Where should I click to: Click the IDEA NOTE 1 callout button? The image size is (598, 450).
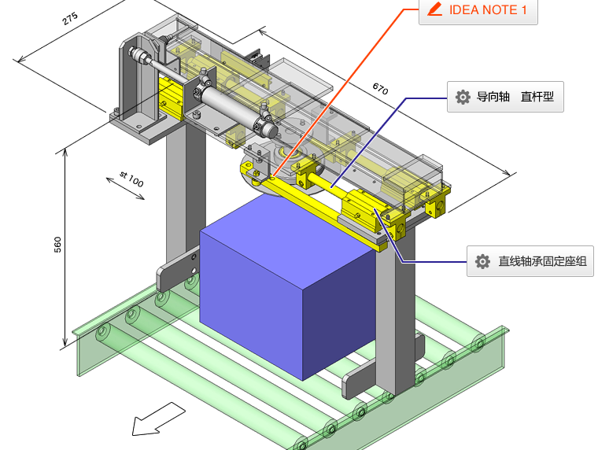[478, 11]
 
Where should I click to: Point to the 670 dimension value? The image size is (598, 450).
[380, 89]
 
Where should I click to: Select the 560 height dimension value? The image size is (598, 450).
[57, 245]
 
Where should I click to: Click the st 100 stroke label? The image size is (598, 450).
[131, 177]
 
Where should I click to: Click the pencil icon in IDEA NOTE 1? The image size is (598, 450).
[434, 10]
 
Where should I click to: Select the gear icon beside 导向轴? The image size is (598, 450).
[463, 98]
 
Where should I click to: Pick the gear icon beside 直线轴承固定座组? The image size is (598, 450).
[482, 261]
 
